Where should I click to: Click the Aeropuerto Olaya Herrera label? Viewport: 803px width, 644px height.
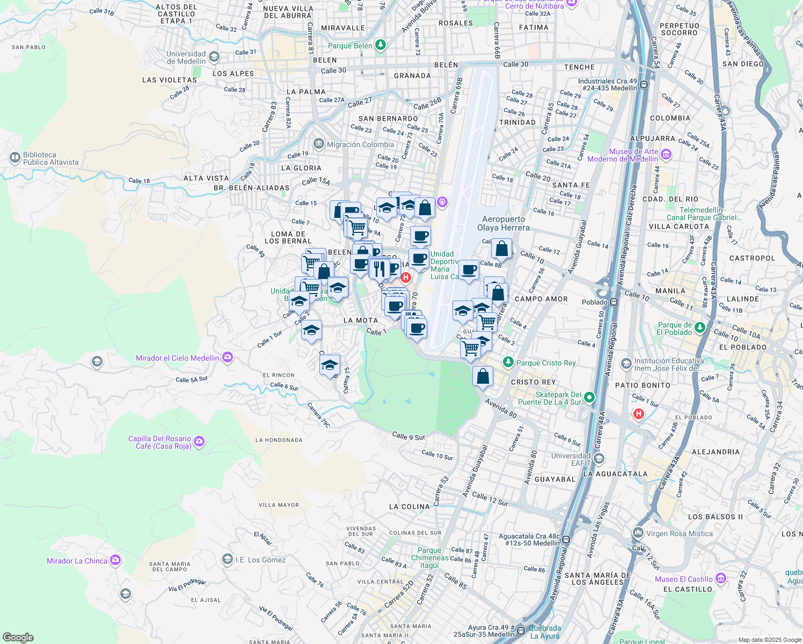(503, 223)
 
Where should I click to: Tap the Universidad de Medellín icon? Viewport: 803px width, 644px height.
(214, 57)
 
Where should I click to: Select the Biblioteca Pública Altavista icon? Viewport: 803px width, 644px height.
(15, 158)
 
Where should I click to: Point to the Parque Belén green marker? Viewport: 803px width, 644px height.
(381, 45)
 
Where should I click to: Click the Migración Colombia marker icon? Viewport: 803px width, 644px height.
(319, 144)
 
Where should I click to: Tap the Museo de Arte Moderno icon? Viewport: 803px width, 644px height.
(666, 155)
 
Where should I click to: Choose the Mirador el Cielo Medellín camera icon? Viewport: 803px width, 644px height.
(228, 357)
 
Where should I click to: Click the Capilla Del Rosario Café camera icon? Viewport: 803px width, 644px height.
(199, 442)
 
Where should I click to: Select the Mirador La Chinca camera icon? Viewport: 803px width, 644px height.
(115, 560)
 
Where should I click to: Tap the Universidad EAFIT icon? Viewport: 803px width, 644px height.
(599, 459)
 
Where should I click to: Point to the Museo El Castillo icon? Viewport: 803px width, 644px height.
(721, 579)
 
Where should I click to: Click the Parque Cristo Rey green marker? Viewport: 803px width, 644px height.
(508, 362)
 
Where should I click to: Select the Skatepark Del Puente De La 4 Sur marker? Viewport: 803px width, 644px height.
(589, 398)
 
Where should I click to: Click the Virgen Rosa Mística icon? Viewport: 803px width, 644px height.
(638, 533)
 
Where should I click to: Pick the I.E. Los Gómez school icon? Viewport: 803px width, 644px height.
(228, 559)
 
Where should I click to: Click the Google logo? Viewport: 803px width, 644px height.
(18, 637)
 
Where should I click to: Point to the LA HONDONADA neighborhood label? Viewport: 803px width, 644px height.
(279, 440)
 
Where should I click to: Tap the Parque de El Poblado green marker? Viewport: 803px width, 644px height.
(699, 327)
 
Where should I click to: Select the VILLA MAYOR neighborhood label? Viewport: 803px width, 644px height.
(279, 505)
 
